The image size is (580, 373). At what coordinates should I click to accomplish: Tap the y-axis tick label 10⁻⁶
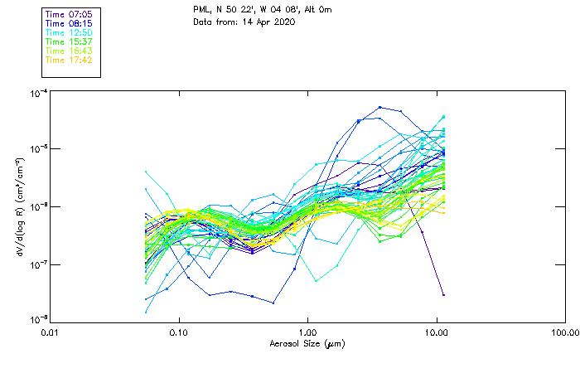pyautogui.click(x=36, y=206)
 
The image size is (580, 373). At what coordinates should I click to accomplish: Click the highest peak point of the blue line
pyautogui.click(x=379, y=107)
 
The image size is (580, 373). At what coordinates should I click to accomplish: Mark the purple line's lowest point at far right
pyautogui.click(x=444, y=294)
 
